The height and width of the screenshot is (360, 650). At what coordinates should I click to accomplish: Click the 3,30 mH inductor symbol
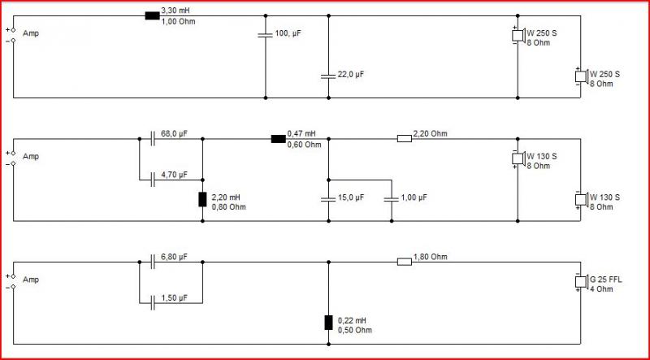152,15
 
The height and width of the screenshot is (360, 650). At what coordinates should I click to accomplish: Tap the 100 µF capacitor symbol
266,35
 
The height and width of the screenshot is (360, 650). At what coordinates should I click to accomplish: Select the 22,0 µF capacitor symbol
328,76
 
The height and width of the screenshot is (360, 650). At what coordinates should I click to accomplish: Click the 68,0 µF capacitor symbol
152,139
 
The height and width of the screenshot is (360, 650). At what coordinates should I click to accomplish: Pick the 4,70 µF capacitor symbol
152,180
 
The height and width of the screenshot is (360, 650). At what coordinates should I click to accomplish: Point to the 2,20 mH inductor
202,199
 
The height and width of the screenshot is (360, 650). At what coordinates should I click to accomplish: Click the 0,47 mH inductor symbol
278,139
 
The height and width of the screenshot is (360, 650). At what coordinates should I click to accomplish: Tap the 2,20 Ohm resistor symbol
405,139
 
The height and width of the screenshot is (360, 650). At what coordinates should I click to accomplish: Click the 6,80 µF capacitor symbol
152,262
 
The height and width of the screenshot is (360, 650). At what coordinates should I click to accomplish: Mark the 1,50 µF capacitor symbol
152,303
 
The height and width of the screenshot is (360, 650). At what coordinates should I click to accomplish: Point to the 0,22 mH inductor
328,323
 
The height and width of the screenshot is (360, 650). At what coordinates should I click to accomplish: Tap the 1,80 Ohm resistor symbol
405,262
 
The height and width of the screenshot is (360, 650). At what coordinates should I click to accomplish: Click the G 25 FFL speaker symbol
581,282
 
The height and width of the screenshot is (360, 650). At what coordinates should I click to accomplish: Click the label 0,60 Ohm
304,145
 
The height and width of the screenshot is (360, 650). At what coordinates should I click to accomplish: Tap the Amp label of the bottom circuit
31,280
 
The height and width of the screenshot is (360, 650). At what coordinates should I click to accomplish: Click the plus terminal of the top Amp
13,30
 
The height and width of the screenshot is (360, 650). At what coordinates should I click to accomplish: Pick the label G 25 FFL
605,280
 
